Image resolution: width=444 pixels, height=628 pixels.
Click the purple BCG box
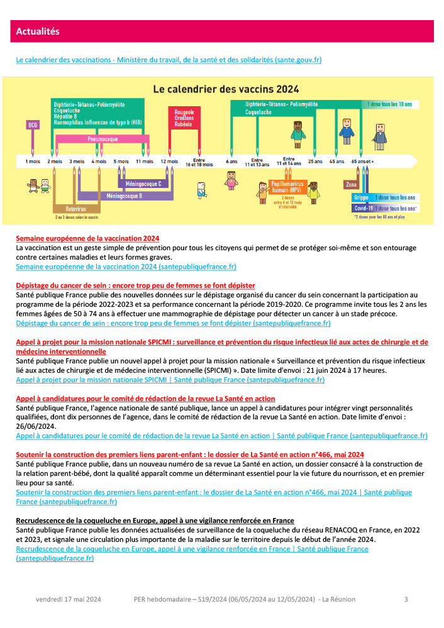click(33, 124)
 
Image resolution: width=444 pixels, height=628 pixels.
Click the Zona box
click(352, 185)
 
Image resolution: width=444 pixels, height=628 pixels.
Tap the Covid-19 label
click(362, 207)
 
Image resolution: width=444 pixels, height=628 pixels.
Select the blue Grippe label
click(361, 197)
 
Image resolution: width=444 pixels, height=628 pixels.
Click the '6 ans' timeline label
click(231, 162)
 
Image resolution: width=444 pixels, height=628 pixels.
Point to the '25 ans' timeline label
click(315, 162)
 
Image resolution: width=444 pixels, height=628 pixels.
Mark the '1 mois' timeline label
click(33, 162)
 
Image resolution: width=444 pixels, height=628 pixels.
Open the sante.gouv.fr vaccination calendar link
click(169, 60)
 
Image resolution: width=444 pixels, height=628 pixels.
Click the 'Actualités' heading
click(37, 31)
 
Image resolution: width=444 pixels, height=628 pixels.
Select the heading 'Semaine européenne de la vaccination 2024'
click(87, 239)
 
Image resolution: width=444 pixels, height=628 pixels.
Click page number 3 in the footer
click(406, 599)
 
